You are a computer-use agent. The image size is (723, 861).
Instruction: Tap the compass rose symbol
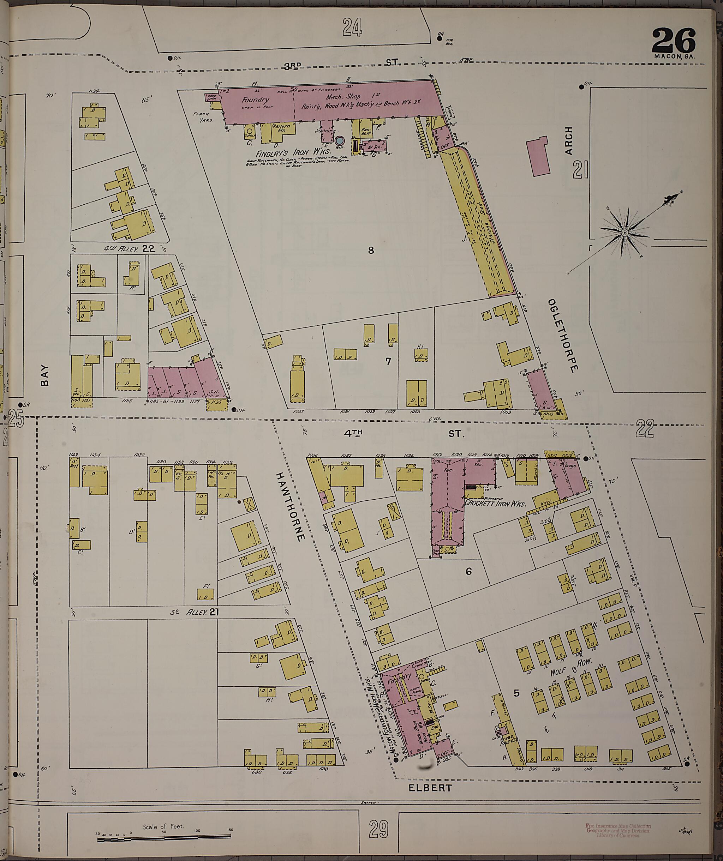(x=624, y=233)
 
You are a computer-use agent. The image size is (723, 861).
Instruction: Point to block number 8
(x=371, y=250)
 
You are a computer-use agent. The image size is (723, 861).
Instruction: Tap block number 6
(x=468, y=572)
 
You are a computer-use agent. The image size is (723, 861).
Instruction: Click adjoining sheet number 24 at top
(x=353, y=28)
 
